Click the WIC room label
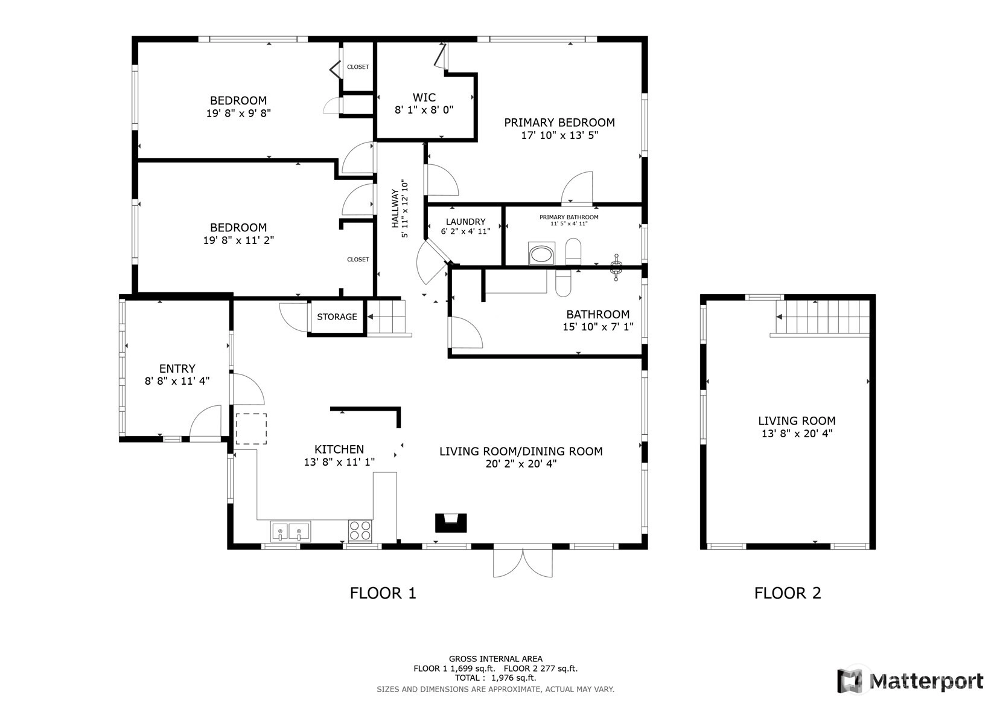tap(424, 97)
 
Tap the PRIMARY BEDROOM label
tap(559, 123)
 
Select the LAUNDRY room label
tap(465, 222)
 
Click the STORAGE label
tap(337, 316)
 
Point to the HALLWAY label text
tap(395, 209)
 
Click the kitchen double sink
tap(290, 531)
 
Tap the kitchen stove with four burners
tap(360, 531)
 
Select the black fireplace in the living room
tap(451, 522)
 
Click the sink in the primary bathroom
tap(541, 254)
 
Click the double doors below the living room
tap(523, 563)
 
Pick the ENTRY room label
tap(177, 368)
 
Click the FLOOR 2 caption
tap(788, 593)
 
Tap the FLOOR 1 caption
tap(383, 593)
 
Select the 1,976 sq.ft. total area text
tap(514, 678)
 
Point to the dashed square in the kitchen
tap(251, 429)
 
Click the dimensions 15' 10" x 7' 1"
tap(597, 327)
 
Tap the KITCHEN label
tap(339, 449)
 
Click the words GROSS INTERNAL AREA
tap(495, 659)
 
